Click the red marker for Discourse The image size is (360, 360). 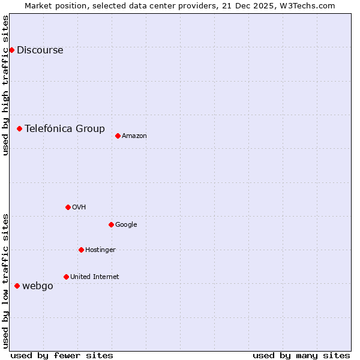pos(11,50)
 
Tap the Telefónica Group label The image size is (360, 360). pos(65,128)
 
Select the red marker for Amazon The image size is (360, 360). pos(118,136)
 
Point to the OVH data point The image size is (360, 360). pos(68,207)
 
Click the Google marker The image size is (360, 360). pos(111,224)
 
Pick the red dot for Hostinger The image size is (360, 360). pos(81,250)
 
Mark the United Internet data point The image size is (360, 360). pos(66,277)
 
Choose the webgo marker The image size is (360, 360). pos(17,286)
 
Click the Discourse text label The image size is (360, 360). pos(40,50)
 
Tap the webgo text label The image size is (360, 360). pos(38,286)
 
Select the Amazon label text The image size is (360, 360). pos(134,136)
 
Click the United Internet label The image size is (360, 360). pos(95,277)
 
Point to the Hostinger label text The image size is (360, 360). pos(100,250)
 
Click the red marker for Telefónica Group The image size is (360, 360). pos(19,128)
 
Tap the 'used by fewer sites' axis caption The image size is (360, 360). pos(62,355)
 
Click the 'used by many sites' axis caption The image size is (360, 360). pos(301,355)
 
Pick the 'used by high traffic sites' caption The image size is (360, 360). pos(5,85)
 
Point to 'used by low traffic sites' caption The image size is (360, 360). pos(5,281)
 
